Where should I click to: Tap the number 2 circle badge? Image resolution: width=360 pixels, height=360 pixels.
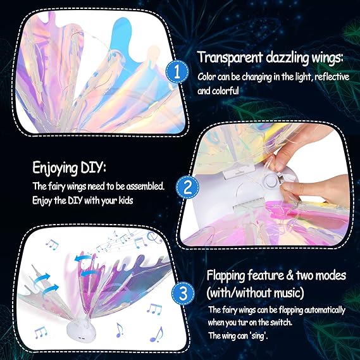point(185,187)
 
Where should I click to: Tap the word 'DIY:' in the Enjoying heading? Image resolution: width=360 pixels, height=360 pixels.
point(90,170)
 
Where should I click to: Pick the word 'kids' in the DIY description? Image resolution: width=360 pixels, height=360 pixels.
point(122,200)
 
